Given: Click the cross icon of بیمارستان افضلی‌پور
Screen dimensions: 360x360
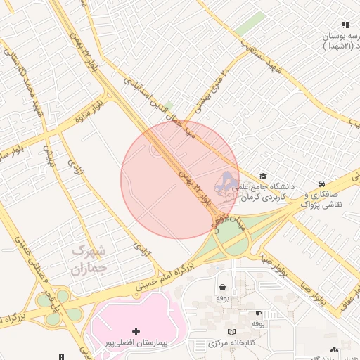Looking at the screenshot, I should (x=136, y=330).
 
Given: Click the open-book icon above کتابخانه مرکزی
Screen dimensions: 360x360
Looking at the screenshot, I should (x=231, y=332).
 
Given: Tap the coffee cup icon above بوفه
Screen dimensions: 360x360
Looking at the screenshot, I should (x=258, y=313).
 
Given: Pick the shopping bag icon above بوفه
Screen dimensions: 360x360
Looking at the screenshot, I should (x=223, y=287).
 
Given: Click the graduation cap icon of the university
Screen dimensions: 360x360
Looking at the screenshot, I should (x=263, y=176).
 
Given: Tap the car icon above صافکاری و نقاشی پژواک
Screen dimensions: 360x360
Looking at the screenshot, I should (x=321, y=182).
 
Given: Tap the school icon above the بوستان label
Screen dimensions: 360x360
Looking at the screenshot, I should (x=345, y=25).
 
